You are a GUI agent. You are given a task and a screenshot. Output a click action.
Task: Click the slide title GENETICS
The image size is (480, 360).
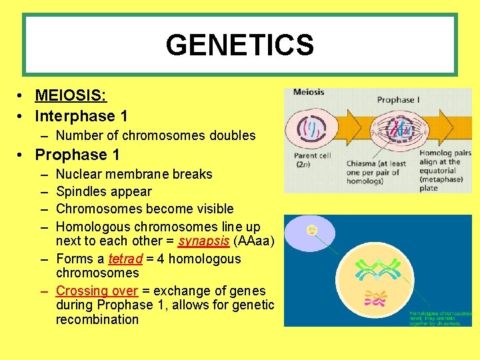point(239,45)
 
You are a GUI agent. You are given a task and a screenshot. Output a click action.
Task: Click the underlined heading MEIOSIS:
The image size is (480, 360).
point(71,96)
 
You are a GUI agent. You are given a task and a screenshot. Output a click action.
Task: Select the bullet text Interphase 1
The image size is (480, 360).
point(81,116)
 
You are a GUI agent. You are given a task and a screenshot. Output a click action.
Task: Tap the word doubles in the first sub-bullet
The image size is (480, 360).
point(233,135)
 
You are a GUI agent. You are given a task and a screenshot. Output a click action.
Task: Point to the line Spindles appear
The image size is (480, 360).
point(104,191)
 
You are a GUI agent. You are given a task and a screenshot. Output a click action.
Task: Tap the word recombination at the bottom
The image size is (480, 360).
point(97,319)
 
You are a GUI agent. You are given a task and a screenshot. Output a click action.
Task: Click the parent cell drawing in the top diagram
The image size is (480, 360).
point(309,126)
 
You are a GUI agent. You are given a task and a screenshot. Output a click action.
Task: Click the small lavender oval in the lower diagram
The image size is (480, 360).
point(311,233)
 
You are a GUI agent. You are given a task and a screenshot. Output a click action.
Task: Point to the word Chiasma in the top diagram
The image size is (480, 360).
point(365,164)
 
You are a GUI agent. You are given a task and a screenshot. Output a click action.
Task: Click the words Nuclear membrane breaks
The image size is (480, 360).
point(134,174)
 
